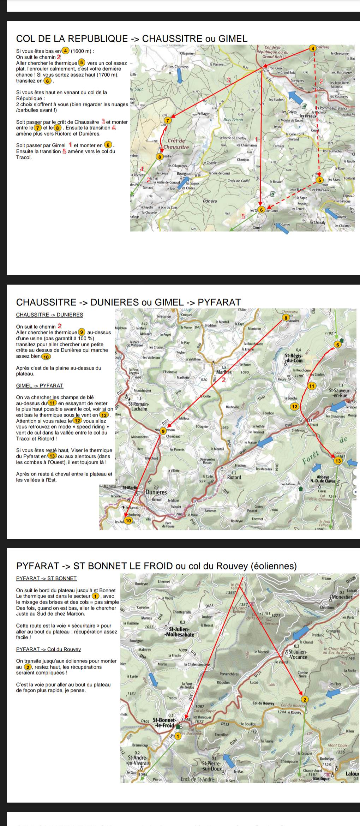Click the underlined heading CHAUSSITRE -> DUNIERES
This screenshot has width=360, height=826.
(x=49, y=315)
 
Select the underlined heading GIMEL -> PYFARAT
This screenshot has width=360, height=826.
(x=40, y=385)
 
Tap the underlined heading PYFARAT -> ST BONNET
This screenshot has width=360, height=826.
(x=46, y=578)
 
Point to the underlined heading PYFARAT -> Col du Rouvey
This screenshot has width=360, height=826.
(x=48, y=649)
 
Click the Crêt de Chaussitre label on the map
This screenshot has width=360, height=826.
(x=176, y=144)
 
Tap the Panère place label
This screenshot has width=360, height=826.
(x=210, y=201)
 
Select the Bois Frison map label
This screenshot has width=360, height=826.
(x=233, y=120)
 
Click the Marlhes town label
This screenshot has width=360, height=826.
(x=224, y=372)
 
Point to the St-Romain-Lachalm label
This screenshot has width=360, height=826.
(x=138, y=406)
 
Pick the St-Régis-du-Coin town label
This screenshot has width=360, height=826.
(x=294, y=358)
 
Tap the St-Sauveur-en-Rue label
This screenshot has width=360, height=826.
(x=340, y=393)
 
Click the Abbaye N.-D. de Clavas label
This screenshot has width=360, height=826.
(x=323, y=479)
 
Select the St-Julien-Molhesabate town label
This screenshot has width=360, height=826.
(x=180, y=632)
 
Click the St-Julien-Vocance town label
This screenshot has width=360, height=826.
(x=298, y=654)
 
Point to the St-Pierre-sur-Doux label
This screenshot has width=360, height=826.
(x=212, y=766)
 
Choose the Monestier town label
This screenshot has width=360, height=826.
(x=342, y=597)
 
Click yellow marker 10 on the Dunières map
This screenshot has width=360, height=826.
(x=128, y=520)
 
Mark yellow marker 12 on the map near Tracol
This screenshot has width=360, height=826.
(x=295, y=406)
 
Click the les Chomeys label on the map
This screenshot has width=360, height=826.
(x=179, y=66)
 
